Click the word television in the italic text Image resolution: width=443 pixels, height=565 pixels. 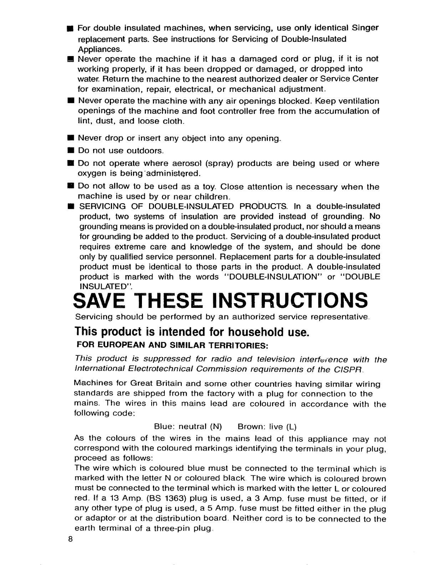(x=273, y=359)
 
